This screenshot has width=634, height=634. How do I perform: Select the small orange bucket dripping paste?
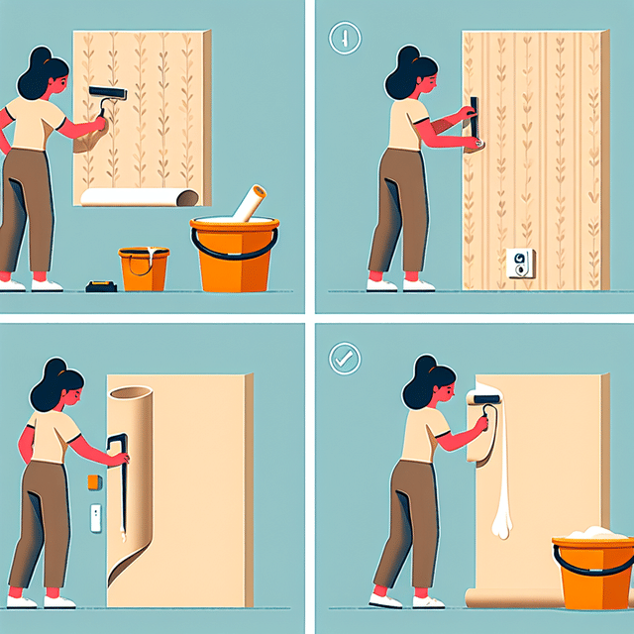(144, 268)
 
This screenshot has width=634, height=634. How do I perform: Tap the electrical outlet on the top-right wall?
(519, 264)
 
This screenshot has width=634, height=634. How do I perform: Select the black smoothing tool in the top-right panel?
(475, 119)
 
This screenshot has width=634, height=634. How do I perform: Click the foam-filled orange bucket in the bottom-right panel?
(592, 572)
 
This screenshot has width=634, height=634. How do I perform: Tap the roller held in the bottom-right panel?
(485, 402)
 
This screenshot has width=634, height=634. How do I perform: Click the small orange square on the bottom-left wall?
(95, 481)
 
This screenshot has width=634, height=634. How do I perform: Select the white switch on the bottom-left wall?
(96, 518)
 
